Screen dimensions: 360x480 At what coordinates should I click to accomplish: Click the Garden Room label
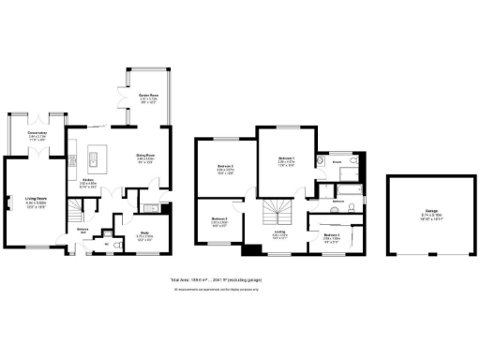coord(147,97)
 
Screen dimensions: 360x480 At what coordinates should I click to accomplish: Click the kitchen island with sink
coord(93,155)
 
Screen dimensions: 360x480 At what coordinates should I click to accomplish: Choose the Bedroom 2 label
coord(225,168)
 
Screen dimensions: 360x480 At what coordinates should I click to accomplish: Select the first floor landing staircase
coord(277,211)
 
